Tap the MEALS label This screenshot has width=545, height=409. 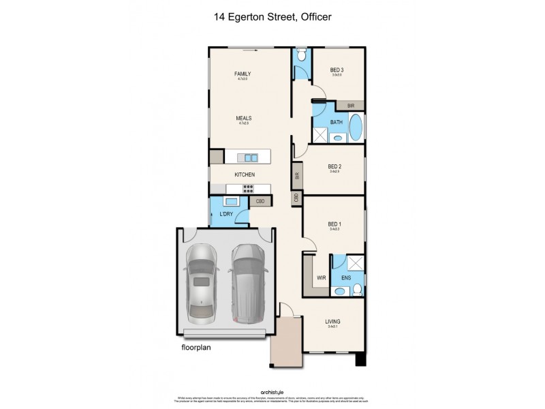[243, 117]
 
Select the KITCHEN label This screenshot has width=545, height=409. [245, 175]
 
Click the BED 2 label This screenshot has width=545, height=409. [334, 166]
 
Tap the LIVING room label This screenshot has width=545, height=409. [333, 322]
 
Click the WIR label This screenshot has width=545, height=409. [322, 278]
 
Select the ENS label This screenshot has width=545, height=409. [345, 278]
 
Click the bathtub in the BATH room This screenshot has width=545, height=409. [356, 127]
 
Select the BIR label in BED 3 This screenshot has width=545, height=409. [350, 106]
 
